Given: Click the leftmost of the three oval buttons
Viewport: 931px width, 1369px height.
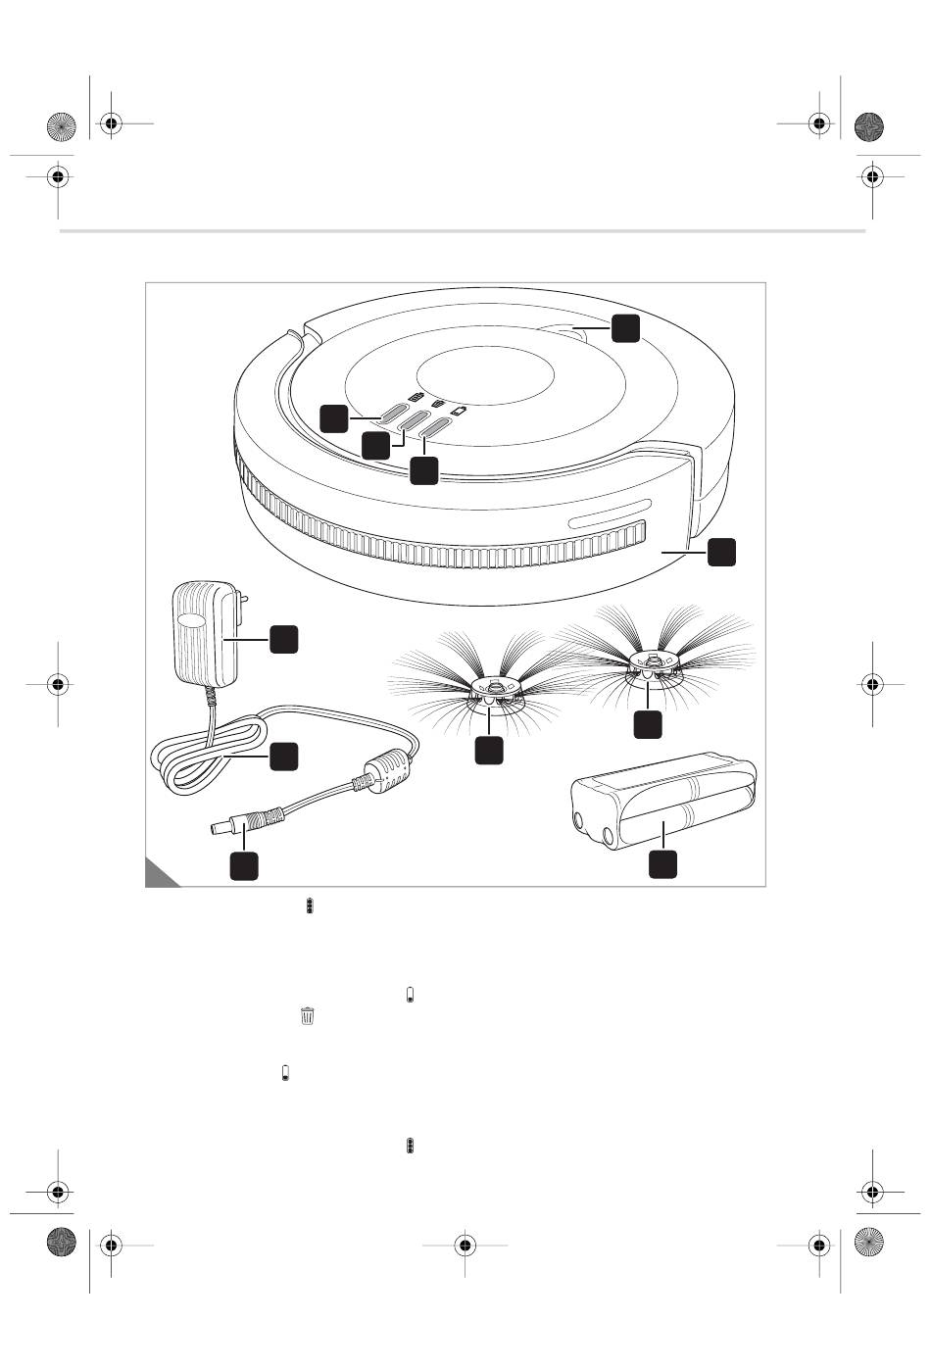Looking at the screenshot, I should click(397, 412).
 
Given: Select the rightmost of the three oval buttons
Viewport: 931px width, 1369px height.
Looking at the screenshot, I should click(433, 429).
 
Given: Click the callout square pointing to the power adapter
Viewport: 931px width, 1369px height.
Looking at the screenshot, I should click(284, 639).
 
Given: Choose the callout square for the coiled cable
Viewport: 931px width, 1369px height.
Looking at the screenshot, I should click(283, 756).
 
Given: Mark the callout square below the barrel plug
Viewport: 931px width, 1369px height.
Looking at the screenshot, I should click(244, 865).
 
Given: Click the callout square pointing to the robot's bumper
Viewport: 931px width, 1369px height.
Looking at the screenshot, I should click(721, 551).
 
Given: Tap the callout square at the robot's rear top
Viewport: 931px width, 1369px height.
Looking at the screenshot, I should click(625, 328).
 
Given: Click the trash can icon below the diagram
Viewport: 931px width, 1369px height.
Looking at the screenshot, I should click(308, 1016).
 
